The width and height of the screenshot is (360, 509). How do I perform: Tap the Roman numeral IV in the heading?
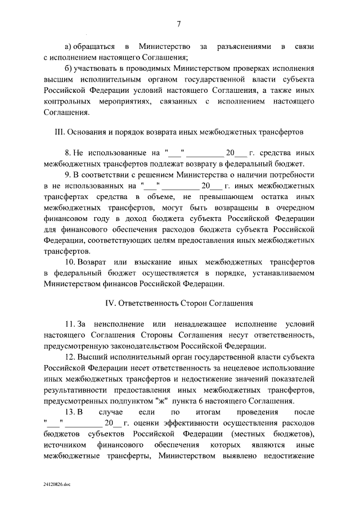pyautogui.click(x=111, y=303)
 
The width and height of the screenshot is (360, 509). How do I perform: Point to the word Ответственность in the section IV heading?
pyautogui.click(x=149, y=303)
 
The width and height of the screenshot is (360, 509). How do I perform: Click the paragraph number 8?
pyautogui.click(x=68, y=152)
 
